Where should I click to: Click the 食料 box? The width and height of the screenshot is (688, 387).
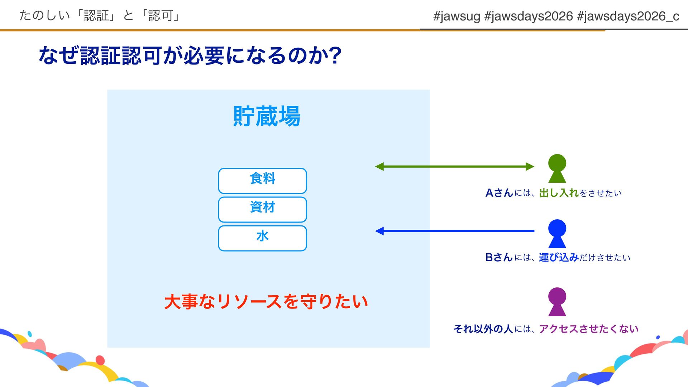tap(262, 181)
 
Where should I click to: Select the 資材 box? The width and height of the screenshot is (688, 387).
tap(262, 209)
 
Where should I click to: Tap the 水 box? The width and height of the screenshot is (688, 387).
tap(262, 238)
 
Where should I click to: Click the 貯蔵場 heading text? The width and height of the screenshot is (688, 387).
tap(267, 116)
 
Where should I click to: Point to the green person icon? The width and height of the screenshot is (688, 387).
tap(557, 168)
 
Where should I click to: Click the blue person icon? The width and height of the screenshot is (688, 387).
tap(557, 233)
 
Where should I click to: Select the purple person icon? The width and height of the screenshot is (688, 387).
tap(557, 301)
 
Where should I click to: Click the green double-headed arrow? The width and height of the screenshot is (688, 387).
tap(454, 166)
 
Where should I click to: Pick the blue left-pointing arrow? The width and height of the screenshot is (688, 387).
tap(454, 231)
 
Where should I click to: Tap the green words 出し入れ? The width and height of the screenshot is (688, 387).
tap(559, 193)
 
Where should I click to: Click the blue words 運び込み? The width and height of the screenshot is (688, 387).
tap(559, 257)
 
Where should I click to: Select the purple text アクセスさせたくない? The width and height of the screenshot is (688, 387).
tap(588, 329)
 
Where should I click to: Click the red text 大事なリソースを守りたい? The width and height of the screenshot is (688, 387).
tap(266, 301)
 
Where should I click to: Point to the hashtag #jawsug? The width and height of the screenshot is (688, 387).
tap(457, 16)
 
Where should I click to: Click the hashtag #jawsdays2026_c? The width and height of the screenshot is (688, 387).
tap(628, 16)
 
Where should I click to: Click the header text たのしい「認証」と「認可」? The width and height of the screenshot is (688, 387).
tap(100, 15)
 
